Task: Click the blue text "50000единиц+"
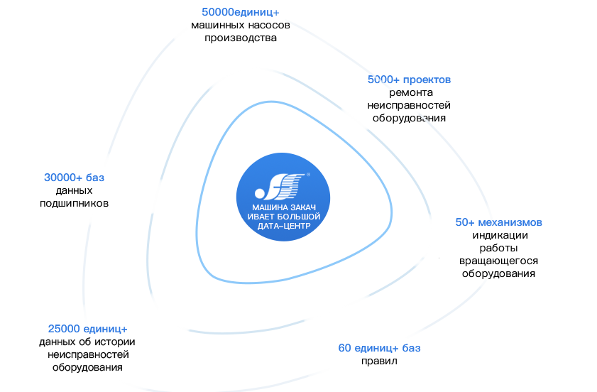pyautogui.click(x=241, y=12)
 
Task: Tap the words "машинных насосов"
pyautogui.click(x=241, y=26)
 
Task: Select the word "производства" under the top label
pyautogui.click(x=241, y=38)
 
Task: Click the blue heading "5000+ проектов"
pyautogui.click(x=409, y=80)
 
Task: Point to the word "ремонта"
pyautogui.click(x=410, y=92)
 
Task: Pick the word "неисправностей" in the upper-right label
pyautogui.click(x=409, y=105)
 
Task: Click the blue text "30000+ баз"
pyautogui.click(x=74, y=178)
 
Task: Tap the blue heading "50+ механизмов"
pyautogui.click(x=499, y=222)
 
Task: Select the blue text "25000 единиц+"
pyautogui.click(x=87, y=329)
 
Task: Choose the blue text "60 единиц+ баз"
pyautogui.click(x=379, y=348)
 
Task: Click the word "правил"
pyautogui.click(x=379, y=361)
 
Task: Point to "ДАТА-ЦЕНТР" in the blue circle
pyautogui.click(x=283, y=225)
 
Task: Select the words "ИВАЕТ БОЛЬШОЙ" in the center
pyautogui.click(x=283, y=217)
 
